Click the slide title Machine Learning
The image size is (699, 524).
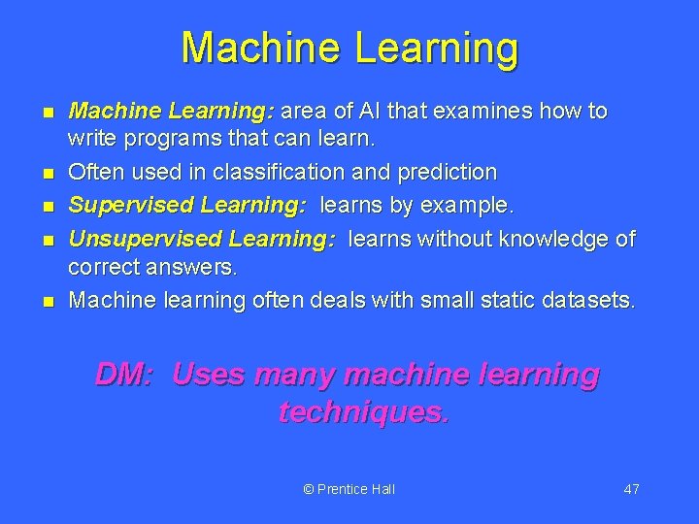point(349,48)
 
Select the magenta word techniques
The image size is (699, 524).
point(364,412)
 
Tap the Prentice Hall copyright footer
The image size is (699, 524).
point(349,489)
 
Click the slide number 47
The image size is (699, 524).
point(631,489)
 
